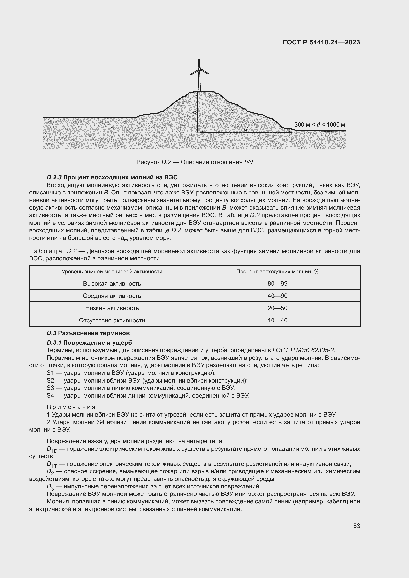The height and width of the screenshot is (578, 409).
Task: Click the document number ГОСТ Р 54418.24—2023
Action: [x=321, y=42]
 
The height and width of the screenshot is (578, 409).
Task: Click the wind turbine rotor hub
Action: [x=199, y=69]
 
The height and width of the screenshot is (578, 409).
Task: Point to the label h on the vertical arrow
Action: [x=194, y=112]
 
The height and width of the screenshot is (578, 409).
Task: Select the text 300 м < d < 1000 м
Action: [x=319, y=125]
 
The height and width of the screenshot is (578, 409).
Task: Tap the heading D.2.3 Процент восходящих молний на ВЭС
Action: [x=112, y=177]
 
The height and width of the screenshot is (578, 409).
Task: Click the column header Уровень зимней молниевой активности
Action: [x=112, y=272]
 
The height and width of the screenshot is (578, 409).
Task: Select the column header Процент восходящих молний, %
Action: [x=277, y=272]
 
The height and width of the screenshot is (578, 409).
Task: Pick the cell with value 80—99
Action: [x=277, y=284]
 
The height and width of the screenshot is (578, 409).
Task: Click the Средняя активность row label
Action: [x=112, y=296]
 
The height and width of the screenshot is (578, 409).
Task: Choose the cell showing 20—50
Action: [x=277, y=308]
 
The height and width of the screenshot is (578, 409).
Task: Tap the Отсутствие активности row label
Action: [x=112, y=321]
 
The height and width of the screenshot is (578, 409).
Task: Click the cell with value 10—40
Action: [x=277, y=321]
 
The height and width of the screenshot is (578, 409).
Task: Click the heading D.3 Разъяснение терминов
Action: [x=88, y=333]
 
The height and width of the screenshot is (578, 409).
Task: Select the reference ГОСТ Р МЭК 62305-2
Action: [x=304, y=350]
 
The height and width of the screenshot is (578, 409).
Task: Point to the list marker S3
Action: [x=50, y=388]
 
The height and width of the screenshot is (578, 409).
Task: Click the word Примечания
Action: [x=71, y=407]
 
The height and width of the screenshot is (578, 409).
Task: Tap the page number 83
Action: [x=356, y=526]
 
